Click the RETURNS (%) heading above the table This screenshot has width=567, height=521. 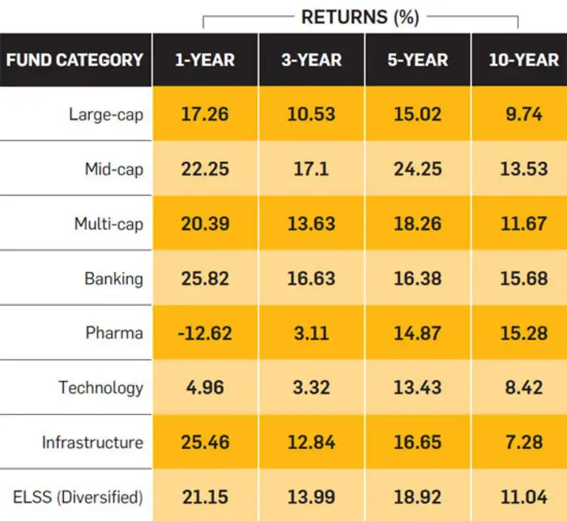coord(360,18)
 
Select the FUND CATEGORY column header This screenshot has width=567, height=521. coord(75,60)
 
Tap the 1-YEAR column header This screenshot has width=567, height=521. coord(205,60)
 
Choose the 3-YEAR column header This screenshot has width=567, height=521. coord(311,60)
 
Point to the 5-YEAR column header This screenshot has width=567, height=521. coord(417,60)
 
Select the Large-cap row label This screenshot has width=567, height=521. coord(105,114)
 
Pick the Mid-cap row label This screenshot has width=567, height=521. coord(113,169)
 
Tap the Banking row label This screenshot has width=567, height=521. coord(113,279)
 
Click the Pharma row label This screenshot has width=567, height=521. coord(114,333)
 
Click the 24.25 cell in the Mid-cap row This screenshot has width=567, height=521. coord(417,169)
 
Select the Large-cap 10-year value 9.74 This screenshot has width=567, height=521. coord(523,114)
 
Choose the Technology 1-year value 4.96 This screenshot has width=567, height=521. coord(205,388)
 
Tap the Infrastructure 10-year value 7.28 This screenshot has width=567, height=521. coord(523,443)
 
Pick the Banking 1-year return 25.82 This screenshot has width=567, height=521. coord(205,279)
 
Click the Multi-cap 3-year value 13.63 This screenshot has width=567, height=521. coord(311,224)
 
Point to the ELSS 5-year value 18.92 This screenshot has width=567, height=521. coord(417,496)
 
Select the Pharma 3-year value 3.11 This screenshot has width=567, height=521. coord(311,333)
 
